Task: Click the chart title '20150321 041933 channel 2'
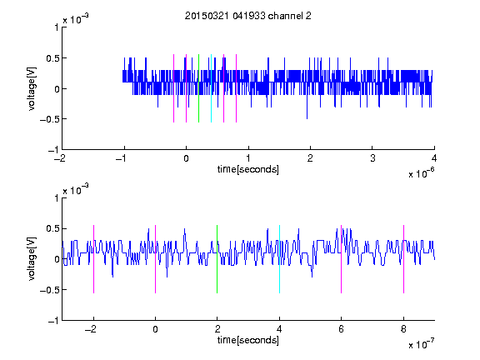click(x=248, y=16)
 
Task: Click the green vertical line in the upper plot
click(x=198, y=88)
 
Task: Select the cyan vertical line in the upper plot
click(x=211, y=88)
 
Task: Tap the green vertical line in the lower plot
click(x=217, y=259)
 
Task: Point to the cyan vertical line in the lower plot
click(x=279, y=259)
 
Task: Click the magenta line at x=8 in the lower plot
click(x=403, y=259)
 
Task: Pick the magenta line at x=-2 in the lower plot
click(x=93, y=259)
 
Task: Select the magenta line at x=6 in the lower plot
click(x=341, y=259)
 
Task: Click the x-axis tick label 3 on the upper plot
click(x=372, y=158)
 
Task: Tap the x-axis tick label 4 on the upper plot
click(x=434, y=158)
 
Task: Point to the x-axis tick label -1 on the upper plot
click(x=121, y=158)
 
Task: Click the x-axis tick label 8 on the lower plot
click(x=403, y=329)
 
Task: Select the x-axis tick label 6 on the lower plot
click(x=341, y=329)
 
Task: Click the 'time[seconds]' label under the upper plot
click(x=248, y=169)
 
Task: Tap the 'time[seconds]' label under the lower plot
click(x=248, y=340)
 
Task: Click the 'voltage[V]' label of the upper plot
click(x=32, y=88)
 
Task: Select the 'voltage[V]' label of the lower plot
click(x=32, y=259)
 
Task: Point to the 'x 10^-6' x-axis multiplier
click(x=421, y=172)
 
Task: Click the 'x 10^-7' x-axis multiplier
click(x=421, y=343)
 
